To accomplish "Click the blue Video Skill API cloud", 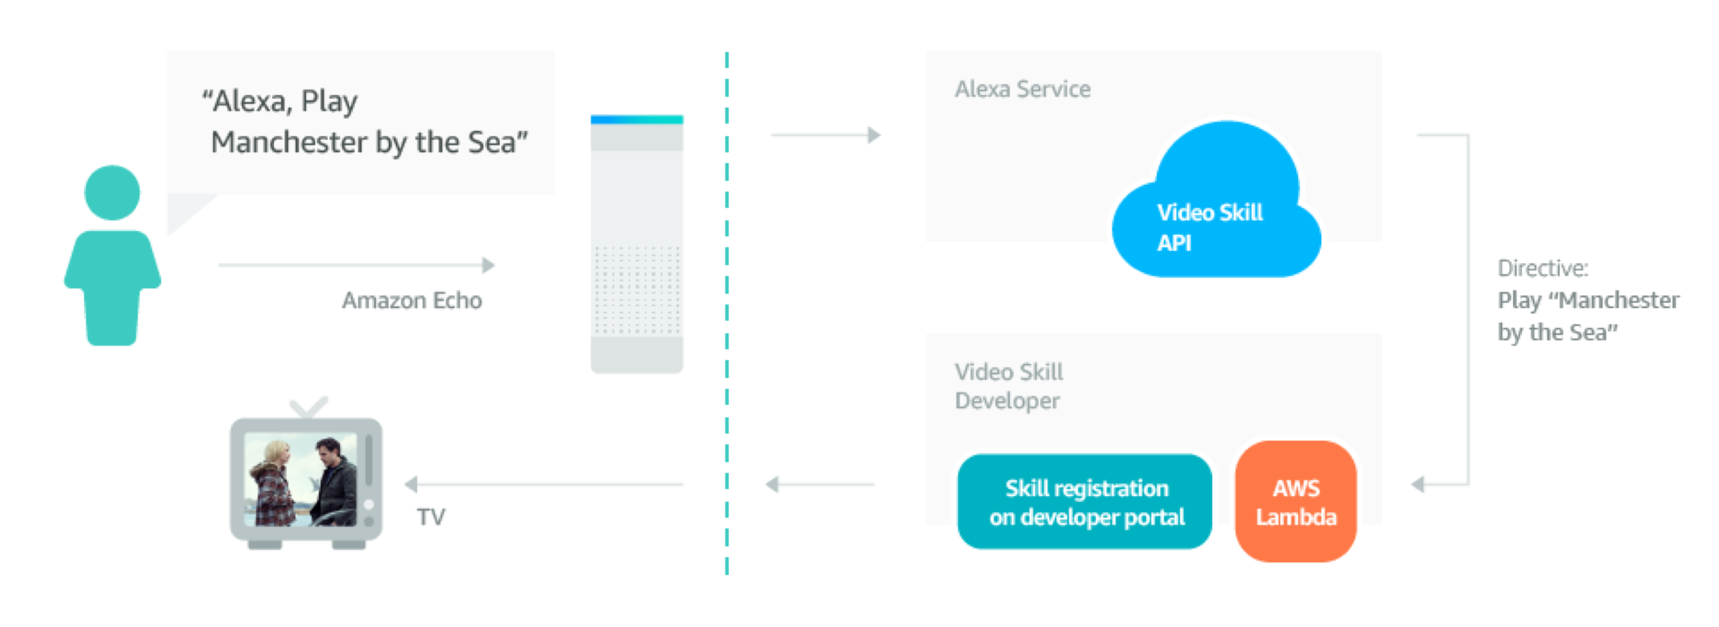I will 1216,207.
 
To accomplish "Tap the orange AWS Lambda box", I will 1295,503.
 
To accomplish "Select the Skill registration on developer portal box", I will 1086,503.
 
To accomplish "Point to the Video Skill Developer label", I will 1008,386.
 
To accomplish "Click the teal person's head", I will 112,192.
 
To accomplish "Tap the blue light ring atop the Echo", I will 637,120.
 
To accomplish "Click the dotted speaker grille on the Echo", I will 637,290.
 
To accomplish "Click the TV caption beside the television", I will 431,517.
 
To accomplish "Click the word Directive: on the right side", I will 1542,268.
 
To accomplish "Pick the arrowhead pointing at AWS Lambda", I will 1419,484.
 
